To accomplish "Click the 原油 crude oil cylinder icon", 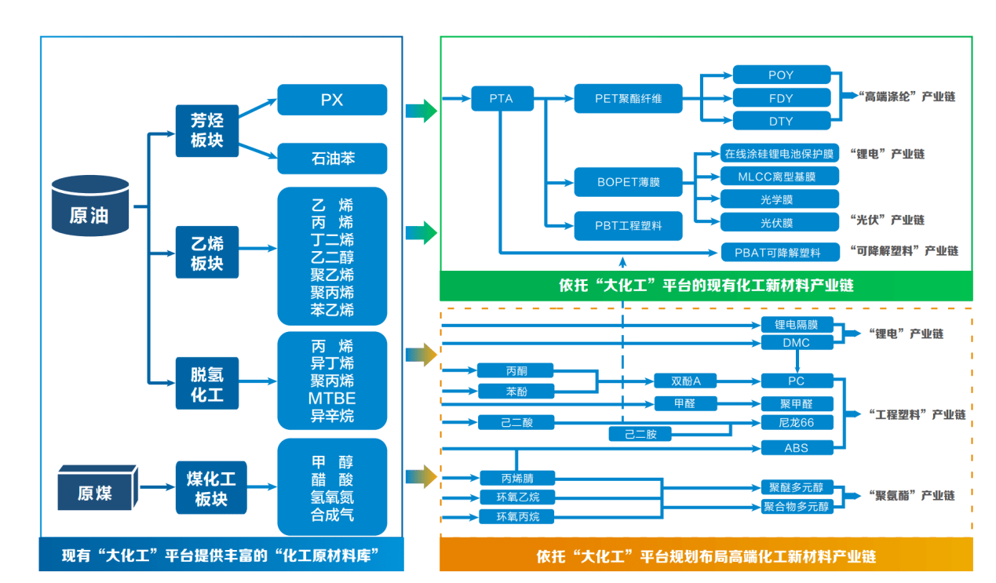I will pyautogui.click(x=89, y=207).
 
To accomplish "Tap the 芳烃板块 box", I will pyautogui.click(x=206, y=130).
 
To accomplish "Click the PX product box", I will pyautogui.click(x=332, y=100).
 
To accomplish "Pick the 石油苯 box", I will pyautogui.click(x=332, y=159).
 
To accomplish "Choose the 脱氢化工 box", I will pyautogui.click(x=206, y=384).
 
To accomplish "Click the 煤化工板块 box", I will pyautogui.click(x=210, y=488).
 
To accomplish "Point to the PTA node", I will pyautogui.click(x=502, y=99).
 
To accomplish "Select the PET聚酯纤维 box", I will pyautogui.click(x=628, y=99).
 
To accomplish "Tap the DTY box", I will pyautogui.click(x=781, y=121).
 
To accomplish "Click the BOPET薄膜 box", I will pyautogui.click(x=628, y=182).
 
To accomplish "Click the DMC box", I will pyautogui.click(x=797, y=343).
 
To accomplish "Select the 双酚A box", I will pyautogui.click(x=686, y=381).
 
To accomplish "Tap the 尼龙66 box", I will pyautogui.click(x=797, y=423).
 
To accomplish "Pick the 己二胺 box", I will pyautogui.click(x=641, y=434).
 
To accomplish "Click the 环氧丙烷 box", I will pyautogui.click(x=518, y=516).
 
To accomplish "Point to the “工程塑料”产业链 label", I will pyautogui.click(x=915, y=414).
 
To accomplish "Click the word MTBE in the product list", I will pyautogui.click(x=332, y=399).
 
